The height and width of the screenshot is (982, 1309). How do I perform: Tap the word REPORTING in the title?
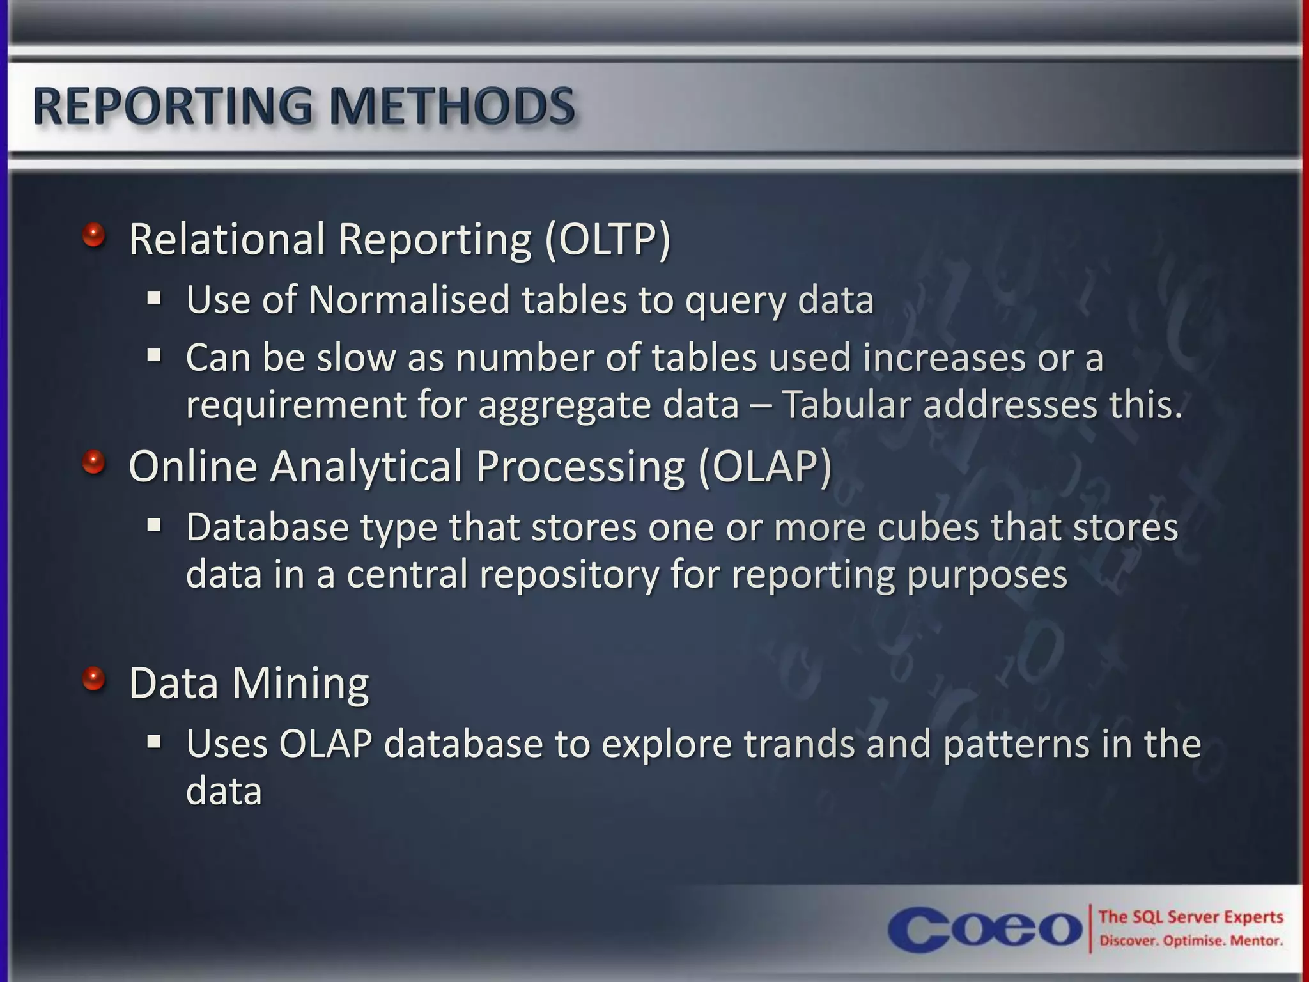click(x=173, y=106)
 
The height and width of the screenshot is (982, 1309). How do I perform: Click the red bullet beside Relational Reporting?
click(x=94, y=235)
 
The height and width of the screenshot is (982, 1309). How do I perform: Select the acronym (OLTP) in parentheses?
click(x=607, y=239)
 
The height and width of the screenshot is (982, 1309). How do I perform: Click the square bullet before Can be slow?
click(x=154, y=355)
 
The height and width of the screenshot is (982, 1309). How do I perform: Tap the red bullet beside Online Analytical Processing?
click(x=94, y=462)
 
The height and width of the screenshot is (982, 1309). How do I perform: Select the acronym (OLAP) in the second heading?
click(x=765, y=467)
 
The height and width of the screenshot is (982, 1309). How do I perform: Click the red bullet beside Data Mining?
click(x=94, y=679)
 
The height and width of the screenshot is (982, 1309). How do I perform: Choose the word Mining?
click(x=300, y=683)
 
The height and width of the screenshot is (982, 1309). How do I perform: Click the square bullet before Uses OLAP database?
click(x=154, y=742)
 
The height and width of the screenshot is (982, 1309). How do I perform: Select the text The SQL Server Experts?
click(x=1190, y=917)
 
